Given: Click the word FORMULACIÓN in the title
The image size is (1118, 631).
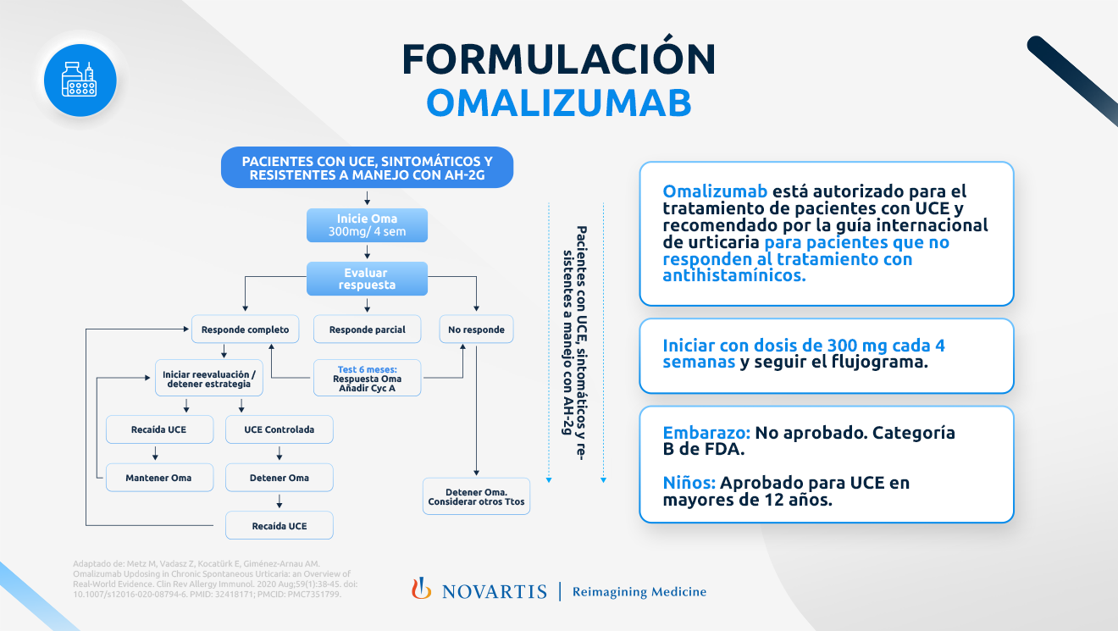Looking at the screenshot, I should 559,59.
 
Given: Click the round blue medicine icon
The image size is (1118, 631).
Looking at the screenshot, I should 80,80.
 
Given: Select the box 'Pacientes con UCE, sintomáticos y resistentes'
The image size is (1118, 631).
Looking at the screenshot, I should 367,168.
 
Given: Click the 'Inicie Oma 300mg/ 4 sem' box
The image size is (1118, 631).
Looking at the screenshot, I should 367,225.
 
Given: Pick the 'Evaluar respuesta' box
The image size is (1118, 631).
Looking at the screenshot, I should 367,279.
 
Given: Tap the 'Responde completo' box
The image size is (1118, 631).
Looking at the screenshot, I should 245,329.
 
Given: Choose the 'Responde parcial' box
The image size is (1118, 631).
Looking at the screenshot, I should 367,329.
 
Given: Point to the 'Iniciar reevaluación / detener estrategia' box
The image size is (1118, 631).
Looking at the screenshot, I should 208,379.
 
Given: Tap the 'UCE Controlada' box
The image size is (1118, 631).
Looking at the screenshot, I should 279,429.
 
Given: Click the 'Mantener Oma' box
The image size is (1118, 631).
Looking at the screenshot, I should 158,478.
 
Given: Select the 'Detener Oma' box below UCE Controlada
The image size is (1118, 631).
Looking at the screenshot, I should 279,478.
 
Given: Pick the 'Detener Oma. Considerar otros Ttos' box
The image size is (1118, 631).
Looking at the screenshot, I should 476,496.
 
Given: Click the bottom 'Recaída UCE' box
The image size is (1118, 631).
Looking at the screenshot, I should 279,526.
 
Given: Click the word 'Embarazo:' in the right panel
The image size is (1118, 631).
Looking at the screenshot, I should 706,433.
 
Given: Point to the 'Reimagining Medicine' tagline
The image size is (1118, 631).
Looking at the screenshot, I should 639,592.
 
